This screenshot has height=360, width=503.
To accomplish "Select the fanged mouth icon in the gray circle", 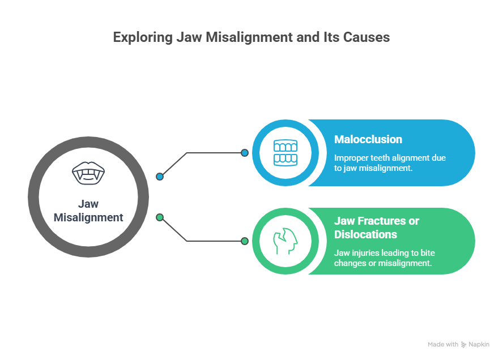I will pos(88,173).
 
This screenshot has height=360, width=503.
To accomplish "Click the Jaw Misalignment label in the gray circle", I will pos(88,211).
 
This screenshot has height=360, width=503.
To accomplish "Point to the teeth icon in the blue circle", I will pos(285,153).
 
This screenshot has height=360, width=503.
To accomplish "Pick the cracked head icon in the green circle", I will pos(285,241).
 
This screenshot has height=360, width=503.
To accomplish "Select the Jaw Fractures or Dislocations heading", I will pos(377,227).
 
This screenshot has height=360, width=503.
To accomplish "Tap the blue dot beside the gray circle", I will pos(160,177).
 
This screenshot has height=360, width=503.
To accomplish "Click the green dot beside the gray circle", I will pos(160,217).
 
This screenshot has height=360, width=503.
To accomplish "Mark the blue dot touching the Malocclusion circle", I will pos(245,153).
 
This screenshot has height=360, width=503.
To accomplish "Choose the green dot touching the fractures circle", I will pos(245,241).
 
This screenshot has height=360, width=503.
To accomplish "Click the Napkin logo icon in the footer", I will pos(464,344).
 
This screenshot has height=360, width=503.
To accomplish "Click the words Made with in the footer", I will pos(443,344).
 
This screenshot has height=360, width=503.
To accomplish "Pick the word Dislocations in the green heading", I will pos(365,234).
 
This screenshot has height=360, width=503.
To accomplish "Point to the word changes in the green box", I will pos(349,263).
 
